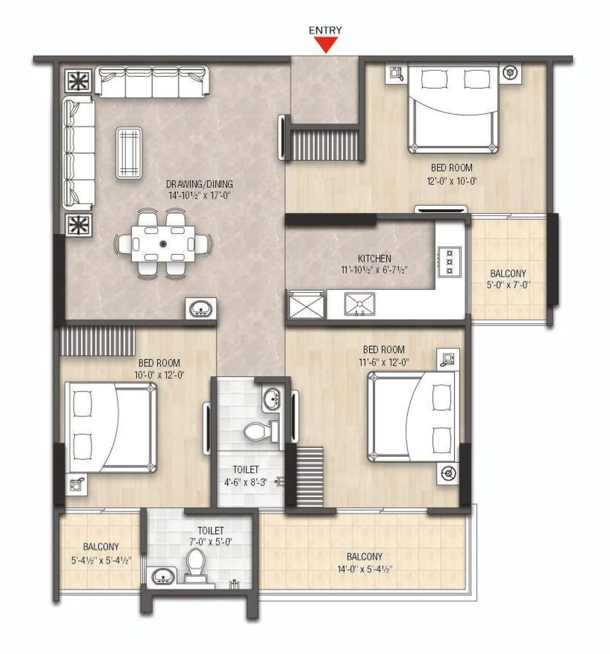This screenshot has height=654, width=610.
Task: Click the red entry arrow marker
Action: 325,45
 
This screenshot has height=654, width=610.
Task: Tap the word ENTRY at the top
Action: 325,30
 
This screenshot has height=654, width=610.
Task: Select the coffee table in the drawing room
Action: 129,153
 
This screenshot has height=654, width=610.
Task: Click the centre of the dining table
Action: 163,244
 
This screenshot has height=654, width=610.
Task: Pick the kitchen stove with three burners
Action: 449,261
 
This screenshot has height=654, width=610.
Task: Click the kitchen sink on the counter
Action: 360,304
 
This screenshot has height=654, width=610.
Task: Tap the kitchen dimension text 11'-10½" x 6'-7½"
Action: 374,270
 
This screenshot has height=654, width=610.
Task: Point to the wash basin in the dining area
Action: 201,309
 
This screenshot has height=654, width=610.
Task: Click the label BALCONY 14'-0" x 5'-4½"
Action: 364,563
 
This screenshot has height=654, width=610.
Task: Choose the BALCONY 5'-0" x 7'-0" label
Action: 508,279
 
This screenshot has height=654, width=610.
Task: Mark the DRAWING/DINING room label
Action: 199,184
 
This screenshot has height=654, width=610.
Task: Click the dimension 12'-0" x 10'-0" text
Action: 452,181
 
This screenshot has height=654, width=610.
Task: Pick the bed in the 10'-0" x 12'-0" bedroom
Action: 111,427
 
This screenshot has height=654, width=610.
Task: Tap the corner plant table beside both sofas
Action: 78,80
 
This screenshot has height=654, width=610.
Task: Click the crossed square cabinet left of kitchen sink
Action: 306,306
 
